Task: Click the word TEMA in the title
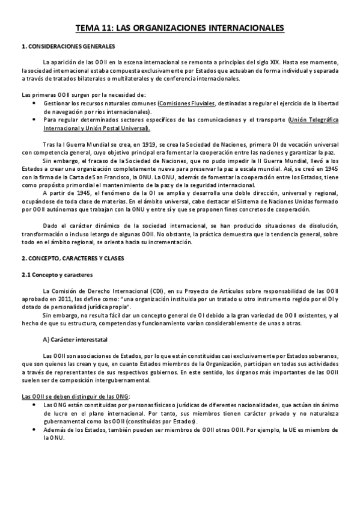(87, 28)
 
